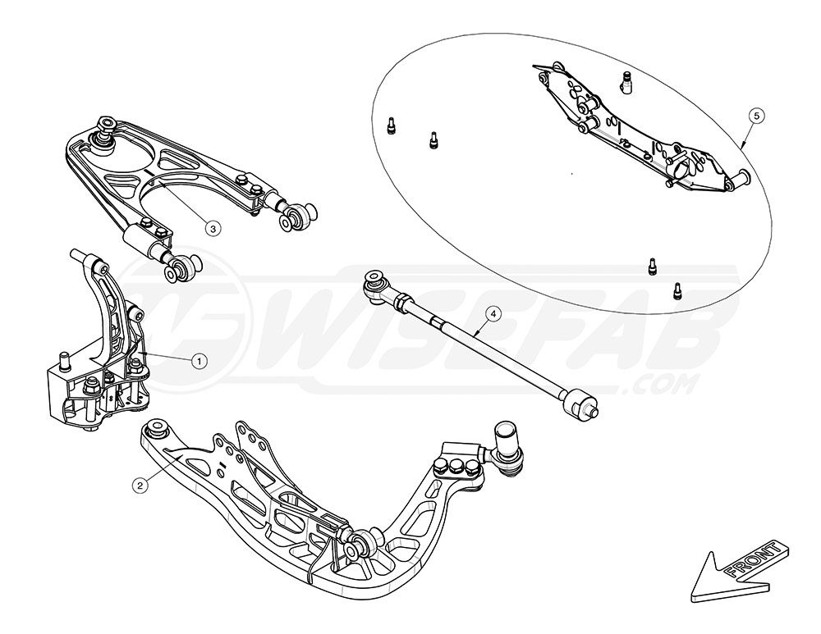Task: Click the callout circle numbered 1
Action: pos(197,359)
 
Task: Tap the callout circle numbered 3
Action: pos(212,229)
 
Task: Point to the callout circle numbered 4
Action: pos(493,312)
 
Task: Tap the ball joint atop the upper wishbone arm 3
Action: pos(105,126)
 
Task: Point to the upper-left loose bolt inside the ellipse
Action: pos(391,126)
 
